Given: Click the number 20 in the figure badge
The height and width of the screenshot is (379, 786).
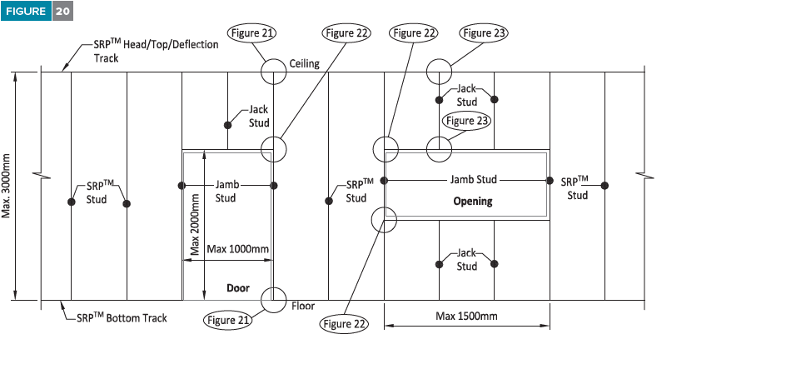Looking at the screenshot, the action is click(62, 11).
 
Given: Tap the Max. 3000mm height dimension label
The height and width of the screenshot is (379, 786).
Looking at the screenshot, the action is click(6, 186).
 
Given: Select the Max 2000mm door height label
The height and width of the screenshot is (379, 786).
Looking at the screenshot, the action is click(195, 224).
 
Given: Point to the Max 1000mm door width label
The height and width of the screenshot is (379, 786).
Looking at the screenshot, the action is click(237, 249).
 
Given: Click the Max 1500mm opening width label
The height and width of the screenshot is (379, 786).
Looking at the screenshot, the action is click(466, 316).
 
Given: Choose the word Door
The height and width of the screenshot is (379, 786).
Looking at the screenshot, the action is click(238, 288).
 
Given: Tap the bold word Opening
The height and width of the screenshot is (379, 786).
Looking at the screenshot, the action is click(473, 202).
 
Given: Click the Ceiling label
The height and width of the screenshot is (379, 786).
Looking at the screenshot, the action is click(304, 63).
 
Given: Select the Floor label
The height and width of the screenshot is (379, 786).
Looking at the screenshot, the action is click(303, 306).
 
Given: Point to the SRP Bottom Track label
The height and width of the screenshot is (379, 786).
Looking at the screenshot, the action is click(122, 318).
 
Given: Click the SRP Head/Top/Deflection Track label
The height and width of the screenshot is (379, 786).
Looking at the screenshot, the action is click(156, 51).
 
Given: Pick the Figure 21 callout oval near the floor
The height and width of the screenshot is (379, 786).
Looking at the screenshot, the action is click(228, 321).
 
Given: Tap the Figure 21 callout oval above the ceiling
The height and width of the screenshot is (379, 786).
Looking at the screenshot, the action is click(252, 33).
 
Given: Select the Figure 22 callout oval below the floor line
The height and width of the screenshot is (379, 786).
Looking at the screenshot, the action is click(344, 324).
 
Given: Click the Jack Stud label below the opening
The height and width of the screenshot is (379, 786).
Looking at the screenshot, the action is click(466, 260).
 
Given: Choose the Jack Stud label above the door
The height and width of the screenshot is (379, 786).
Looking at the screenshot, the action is click(259, 117).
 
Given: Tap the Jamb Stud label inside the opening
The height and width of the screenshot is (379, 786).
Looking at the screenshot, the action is click(474, 179).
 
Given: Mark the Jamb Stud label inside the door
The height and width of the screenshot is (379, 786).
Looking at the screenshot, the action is click(227, 191).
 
